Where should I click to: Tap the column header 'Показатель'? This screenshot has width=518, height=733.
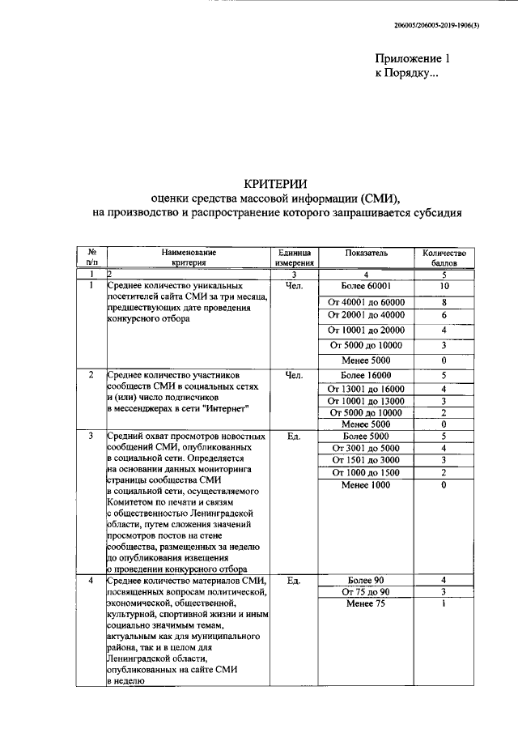click(x=366, y=253)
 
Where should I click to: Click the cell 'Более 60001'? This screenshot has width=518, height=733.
click(x=366, y=286)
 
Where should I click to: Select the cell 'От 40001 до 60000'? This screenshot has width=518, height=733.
click(x=366, y=302)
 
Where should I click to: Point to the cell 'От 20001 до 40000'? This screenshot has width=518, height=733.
click(x=366, y=315)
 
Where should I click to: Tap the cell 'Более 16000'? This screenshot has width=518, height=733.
click(x=366, y=375)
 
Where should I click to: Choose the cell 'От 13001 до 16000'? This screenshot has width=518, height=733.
click(x=366, y=389)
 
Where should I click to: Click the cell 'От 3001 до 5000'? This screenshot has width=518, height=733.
click(x=366, y=448)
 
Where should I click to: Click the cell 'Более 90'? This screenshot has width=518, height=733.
click(x=366, y=580)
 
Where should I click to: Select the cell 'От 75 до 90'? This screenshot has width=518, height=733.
click(x=366, y=592)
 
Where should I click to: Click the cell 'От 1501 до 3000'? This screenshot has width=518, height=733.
click(x=366, y=460)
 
